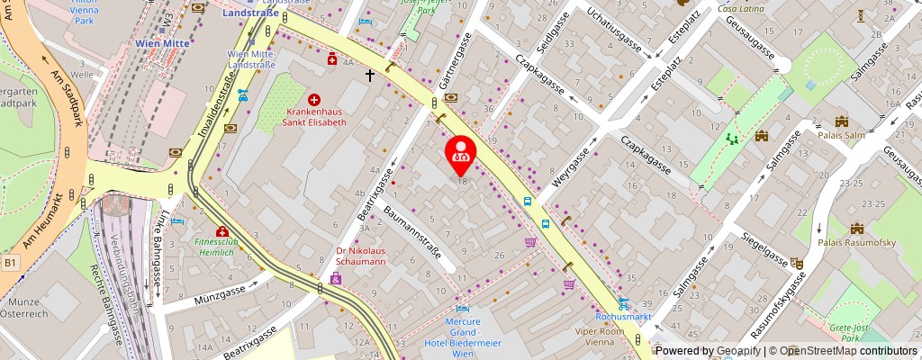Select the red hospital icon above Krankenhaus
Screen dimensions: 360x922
coord(314,98)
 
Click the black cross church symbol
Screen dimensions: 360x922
coord(369,76)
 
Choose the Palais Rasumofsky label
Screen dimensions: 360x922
coord(855,242)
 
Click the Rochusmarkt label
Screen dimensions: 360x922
coord(623,318)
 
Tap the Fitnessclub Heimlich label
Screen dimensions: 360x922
coord(221,248)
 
